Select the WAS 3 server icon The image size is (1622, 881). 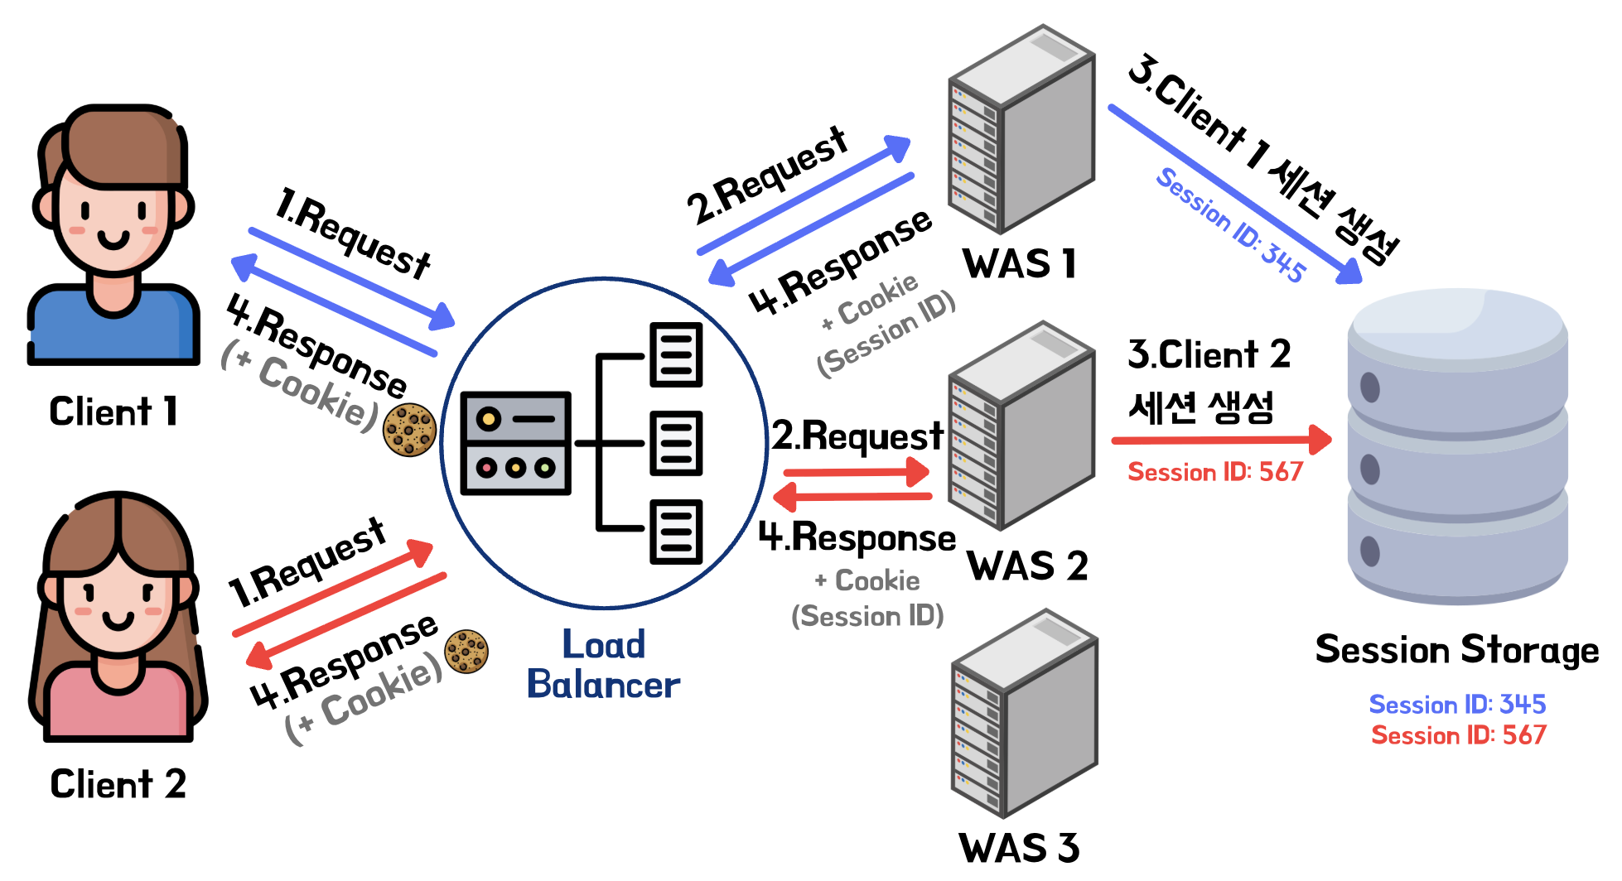point(1024,714)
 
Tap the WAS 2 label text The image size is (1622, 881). point(1027,566)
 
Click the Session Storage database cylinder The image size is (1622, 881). point(1457,447)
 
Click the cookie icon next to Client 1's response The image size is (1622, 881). point(409,430)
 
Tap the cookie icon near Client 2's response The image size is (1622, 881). point(466,651)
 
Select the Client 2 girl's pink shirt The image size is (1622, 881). point(117,704)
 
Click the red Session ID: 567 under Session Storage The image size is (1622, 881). point(1458,735)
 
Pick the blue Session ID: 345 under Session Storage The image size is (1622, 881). point(1457,705)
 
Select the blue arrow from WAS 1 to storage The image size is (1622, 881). point(1234,194)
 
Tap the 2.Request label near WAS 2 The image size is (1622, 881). point(857,436)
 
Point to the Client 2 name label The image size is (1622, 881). point(118,784)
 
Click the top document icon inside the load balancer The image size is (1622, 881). point(675,354)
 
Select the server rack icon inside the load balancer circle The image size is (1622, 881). point(515,443)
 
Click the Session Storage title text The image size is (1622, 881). point(1456,649)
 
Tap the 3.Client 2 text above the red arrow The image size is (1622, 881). point(1209,354)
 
